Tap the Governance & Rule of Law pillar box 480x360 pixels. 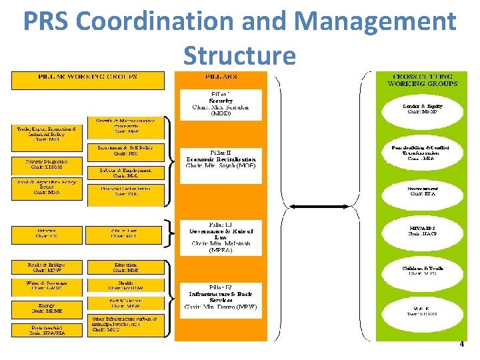(x=221, y=237)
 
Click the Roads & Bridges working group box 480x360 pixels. (x=47, y=268)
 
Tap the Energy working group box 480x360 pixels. (x=47, y=309)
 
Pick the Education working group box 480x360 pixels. (x=125, y=268)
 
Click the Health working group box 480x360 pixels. (x=125, y=286)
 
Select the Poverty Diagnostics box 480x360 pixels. (x=47, y=163)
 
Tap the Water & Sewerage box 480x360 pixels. (x=47, y=286)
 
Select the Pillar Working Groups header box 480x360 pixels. (x=87, y=80)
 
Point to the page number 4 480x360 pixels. (x=461, y=344)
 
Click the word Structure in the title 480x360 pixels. (x=239, y=56)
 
